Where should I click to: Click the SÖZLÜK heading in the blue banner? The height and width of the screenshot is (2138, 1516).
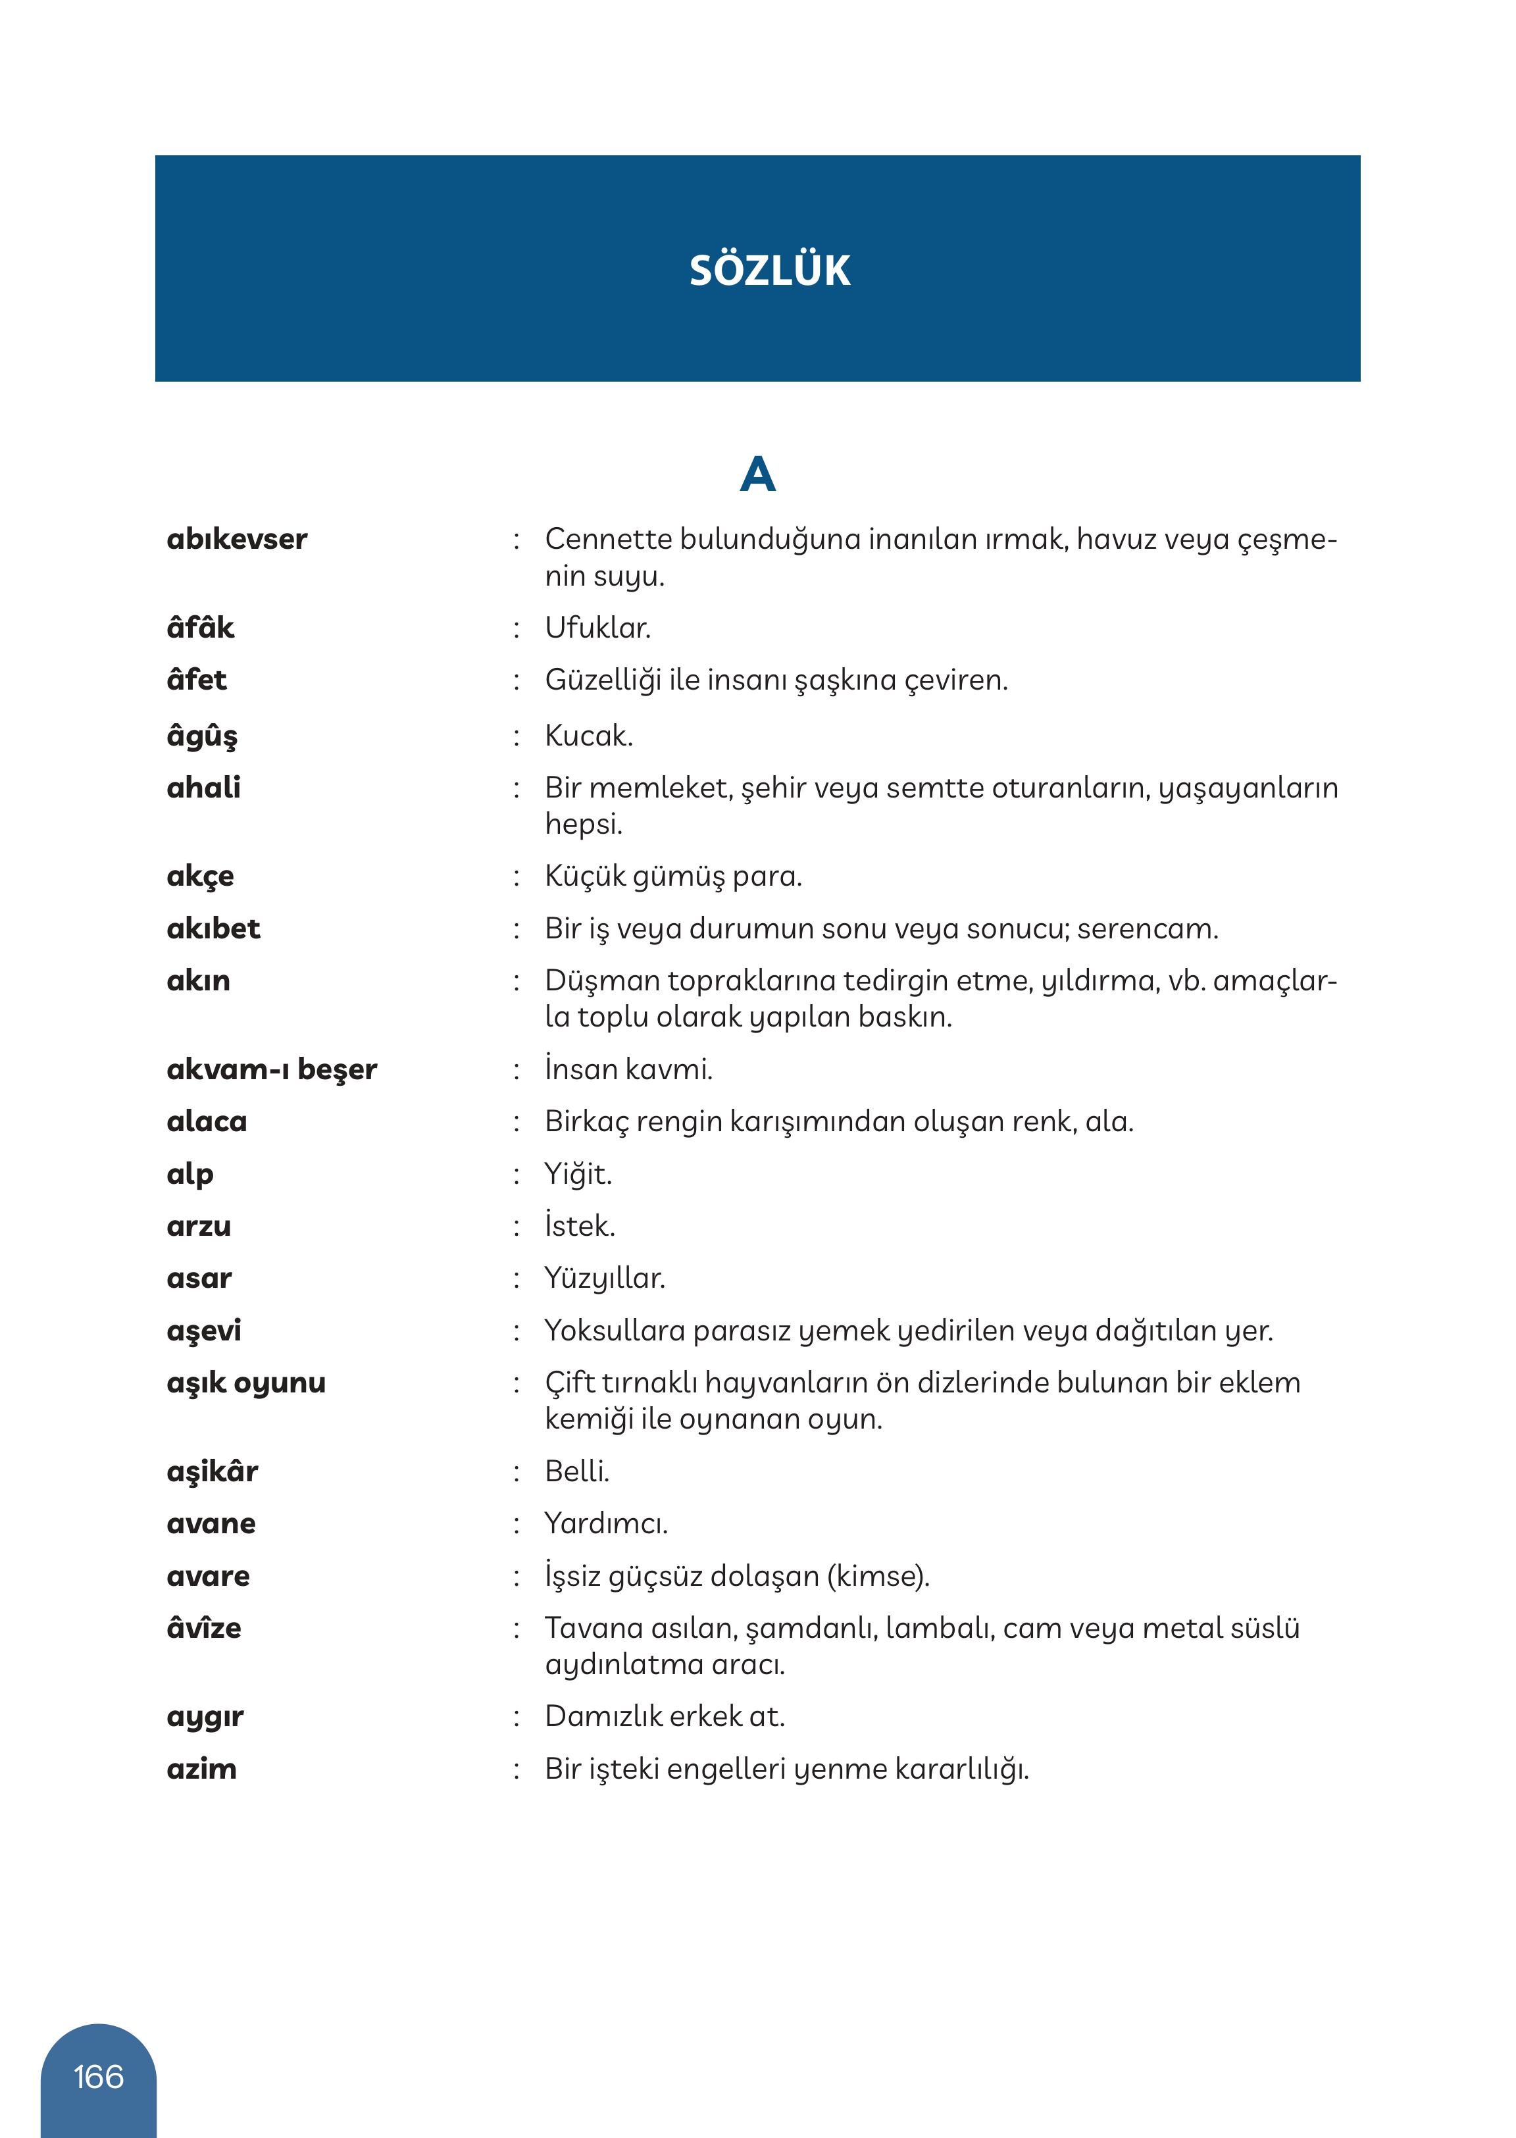[x=769, y=270]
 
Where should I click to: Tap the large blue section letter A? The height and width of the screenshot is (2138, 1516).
[x=757, y=474]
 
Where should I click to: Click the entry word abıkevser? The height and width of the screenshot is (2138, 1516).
[x=237, y=540]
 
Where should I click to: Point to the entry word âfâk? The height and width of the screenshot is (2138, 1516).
[x=200, y=627]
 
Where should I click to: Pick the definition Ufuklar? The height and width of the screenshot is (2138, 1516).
[x=597, y=627]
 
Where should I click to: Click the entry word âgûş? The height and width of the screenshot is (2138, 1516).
[x=201, y=736]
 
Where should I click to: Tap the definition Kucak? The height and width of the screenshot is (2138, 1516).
[x=589, y=736]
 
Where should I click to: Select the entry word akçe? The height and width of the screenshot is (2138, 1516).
[x=200, y=877]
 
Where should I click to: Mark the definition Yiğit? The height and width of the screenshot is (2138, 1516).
[x=578, y=1173]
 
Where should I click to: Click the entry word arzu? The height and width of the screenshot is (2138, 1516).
[x=199, y=1226]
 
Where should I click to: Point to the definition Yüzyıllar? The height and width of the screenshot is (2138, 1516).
[x=605, y=1278]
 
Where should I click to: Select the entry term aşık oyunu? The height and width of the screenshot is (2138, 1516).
[x=245, y=1383]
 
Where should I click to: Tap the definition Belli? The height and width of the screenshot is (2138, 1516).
[x=577, y=1471]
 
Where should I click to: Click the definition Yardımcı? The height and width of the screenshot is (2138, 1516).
[x=606, y=1523]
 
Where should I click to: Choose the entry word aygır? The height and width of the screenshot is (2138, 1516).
[x=205, y=1716]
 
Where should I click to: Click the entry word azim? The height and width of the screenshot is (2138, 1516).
[x=201, y=1768]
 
